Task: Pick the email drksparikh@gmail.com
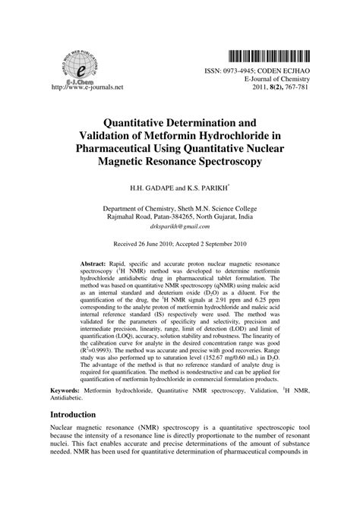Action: click(179, 226)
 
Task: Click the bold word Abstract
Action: click(95, 263)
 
